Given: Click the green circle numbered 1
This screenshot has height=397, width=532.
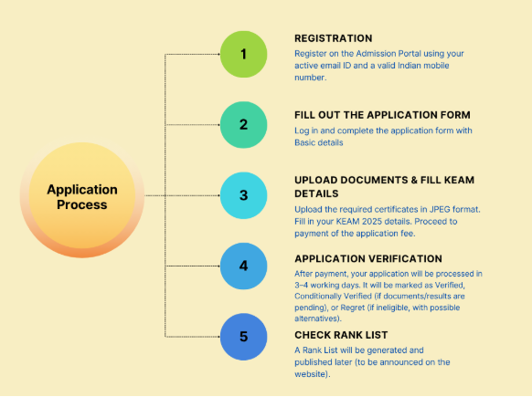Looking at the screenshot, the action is tap(244, 54).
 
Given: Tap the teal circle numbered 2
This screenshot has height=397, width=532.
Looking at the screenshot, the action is tap(244, 125).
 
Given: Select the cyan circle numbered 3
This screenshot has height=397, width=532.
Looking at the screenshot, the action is tap(244, 195).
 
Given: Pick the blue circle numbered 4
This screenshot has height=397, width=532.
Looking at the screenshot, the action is tap(244, 266).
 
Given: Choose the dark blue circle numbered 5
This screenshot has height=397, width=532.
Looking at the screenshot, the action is tap(244, 337).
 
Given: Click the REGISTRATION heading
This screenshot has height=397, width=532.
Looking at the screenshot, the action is tap(333, 38).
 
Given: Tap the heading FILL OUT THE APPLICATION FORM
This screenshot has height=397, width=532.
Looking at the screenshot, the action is tap(382, 115).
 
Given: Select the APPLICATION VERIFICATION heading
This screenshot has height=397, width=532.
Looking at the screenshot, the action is tap(368, 258).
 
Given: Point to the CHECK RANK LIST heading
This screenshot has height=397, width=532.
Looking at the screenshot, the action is tap(341, 335).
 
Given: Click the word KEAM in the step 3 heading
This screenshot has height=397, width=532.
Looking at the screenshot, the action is tap(461, 180).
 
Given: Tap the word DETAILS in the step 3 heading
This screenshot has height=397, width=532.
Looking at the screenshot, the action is tap(316, 193).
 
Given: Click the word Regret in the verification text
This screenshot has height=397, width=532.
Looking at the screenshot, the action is tap(353, 308).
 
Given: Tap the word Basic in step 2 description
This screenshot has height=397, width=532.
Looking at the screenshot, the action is tap(305, 142).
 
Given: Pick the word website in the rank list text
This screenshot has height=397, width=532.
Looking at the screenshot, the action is tap(310, 374).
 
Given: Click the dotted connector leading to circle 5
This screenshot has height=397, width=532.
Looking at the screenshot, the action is tap(192, 337).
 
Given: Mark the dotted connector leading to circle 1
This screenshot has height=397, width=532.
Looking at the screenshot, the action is tap(192, 54).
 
